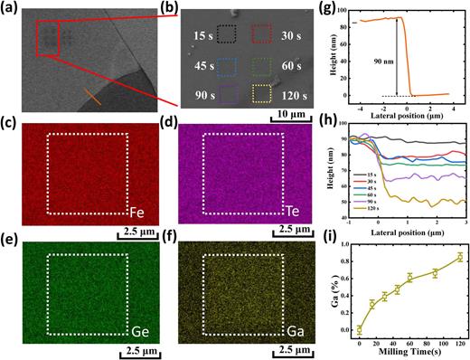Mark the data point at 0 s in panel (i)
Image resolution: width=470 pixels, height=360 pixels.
361,330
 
